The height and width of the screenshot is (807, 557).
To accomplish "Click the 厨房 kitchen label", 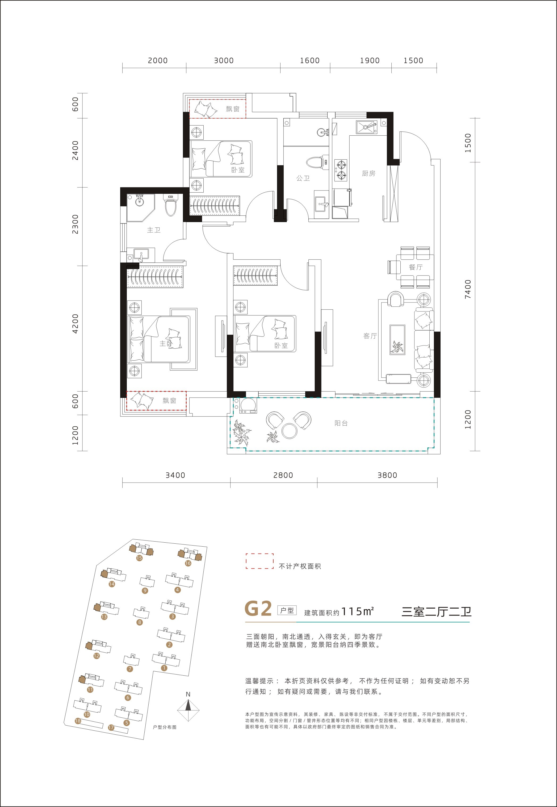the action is tap(368, 173).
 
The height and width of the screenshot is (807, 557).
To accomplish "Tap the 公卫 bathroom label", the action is tap(303, 178).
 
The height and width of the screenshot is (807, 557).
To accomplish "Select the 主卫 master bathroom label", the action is tap(154, 230).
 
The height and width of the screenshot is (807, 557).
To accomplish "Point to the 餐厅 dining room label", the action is tap(416, 267).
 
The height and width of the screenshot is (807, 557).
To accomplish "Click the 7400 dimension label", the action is tap(468, 289).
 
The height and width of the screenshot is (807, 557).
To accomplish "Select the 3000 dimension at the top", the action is tap(224, 60).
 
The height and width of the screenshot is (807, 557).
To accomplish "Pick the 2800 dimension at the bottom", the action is tap(283, 475).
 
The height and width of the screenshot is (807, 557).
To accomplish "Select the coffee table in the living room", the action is tap(397, 340).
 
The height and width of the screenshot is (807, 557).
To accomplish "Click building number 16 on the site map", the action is tap(188, 563).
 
